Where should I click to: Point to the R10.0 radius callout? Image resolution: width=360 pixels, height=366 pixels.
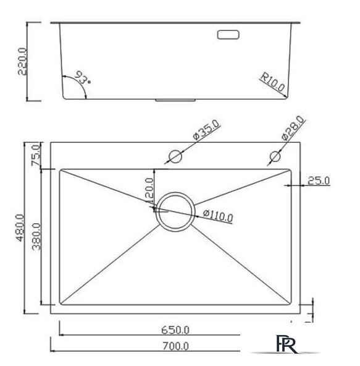point(273,83)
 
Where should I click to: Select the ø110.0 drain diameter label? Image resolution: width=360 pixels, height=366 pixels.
point(217,216)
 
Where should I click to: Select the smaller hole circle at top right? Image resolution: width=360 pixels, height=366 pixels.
point(274,155)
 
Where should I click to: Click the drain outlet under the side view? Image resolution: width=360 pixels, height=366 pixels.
point(175,98)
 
